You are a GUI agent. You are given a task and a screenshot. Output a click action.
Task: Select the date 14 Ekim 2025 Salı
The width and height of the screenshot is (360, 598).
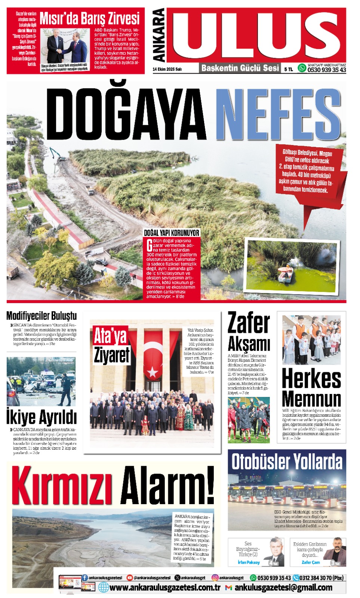point(167,69)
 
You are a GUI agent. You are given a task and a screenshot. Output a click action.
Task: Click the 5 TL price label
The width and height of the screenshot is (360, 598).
point(288,69)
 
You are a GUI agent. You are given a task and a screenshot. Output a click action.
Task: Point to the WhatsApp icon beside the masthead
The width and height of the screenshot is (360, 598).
point(302,68)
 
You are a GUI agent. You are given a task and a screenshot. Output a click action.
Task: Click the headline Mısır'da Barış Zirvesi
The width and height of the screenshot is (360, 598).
point(89,18)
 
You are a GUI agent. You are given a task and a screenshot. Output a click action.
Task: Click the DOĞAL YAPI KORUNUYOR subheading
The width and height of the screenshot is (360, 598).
point(172,233)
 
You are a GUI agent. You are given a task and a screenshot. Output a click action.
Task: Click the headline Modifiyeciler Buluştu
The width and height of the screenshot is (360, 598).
point(41,316)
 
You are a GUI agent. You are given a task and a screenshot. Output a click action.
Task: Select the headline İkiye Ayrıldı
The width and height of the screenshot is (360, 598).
point(41,417)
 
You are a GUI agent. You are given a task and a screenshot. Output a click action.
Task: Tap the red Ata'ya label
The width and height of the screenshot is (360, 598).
point(110,335)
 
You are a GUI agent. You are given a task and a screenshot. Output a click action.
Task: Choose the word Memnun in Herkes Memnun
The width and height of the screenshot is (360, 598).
point(311,399)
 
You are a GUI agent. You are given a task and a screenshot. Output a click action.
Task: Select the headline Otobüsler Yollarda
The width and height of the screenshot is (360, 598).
point(287,462)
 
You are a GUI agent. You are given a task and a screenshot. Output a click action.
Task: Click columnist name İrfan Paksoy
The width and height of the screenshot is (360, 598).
point(249,562)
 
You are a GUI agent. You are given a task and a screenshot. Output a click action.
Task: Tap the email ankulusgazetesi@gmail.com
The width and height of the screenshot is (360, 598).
point(283,588)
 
